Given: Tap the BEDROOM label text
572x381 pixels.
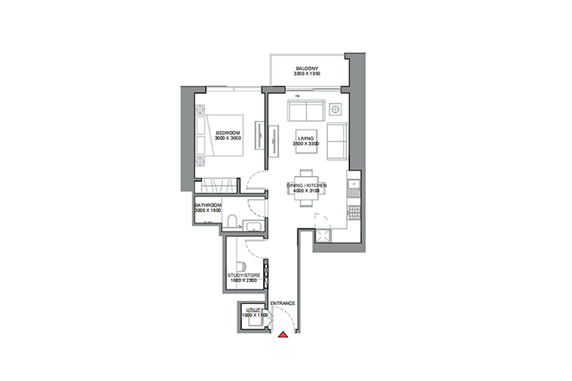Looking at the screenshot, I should coord(228,133).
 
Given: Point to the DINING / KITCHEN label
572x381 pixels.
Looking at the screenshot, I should coord(307,184).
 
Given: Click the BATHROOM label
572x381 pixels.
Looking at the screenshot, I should coord(207,205).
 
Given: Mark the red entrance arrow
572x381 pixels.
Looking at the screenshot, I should coord(283,334).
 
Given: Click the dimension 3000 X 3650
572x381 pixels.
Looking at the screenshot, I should coord(228,139).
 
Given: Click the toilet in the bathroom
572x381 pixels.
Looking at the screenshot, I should coord(231,222).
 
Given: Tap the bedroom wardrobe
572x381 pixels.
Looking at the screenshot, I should coord(217,186).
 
